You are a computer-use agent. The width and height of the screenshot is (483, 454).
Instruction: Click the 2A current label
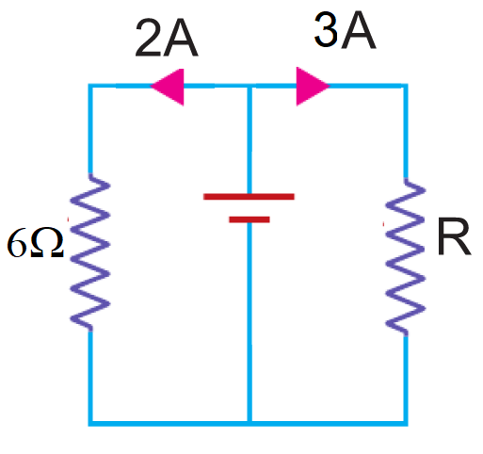(167, 38)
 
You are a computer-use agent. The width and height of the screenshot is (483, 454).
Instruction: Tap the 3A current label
(345, 30)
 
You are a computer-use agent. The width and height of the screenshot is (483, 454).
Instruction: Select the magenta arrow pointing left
(167, 87)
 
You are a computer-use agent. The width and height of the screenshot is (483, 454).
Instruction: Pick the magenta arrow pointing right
(313, 86)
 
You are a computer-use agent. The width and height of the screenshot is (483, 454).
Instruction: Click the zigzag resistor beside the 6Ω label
(90, 252)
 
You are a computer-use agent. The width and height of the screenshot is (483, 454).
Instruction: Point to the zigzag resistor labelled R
(406, 257)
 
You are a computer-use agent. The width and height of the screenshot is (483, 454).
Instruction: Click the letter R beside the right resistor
(454, 236)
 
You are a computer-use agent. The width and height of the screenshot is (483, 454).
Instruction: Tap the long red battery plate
(249, 197)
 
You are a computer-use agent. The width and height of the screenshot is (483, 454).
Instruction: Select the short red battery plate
(250, 219)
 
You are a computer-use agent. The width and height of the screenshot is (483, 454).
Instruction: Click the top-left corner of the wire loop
(90, 86)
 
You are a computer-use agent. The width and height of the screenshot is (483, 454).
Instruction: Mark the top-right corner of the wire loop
(406, 86)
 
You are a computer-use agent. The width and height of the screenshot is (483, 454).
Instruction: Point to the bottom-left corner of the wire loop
(90, 424)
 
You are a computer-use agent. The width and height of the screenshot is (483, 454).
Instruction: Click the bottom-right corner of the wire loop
(406, 424)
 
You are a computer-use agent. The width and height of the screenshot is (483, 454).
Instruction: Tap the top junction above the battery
(250, 86)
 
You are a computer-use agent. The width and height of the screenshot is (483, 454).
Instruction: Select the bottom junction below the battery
(250, 424)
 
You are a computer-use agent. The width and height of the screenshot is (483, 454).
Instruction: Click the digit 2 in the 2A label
(148, 38)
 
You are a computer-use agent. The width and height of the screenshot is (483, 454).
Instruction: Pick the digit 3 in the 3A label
(327, 30)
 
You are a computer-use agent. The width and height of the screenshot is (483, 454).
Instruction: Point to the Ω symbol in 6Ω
(47, 242)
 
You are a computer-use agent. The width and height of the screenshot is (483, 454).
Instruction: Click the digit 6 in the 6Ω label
(16, 242)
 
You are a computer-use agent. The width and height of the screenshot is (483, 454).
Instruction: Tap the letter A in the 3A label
(359, 31)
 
